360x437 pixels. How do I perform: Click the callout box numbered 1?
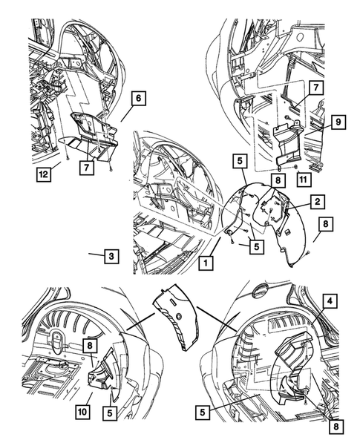click(206, 263)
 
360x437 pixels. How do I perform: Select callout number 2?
click(318, 202)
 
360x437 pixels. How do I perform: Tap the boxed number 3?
click(111, 256)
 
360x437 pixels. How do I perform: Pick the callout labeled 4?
click(330, 301)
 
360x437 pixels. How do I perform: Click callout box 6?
click(139, 98)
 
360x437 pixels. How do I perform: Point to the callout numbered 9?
click(338, 122)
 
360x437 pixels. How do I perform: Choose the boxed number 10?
click(82, 411)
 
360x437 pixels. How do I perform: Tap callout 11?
click(304, 180)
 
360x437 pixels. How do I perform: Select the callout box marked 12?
click(44, 174)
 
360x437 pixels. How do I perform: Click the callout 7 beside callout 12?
click(87, 168)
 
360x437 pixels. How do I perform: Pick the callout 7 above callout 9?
click(315, 88)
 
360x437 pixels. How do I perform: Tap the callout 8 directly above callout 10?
click(90, 346)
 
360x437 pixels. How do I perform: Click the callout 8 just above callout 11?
click(278, 180)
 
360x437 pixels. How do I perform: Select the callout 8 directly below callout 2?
click(326, 224)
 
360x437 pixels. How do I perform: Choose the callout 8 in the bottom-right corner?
click(336, 426)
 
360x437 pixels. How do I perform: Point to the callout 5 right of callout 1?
click(257, 246)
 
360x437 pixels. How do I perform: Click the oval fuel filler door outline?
click(259, 290)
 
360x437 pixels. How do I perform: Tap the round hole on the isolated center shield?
click(179, 316)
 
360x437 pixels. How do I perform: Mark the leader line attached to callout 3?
click(96, 254)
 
